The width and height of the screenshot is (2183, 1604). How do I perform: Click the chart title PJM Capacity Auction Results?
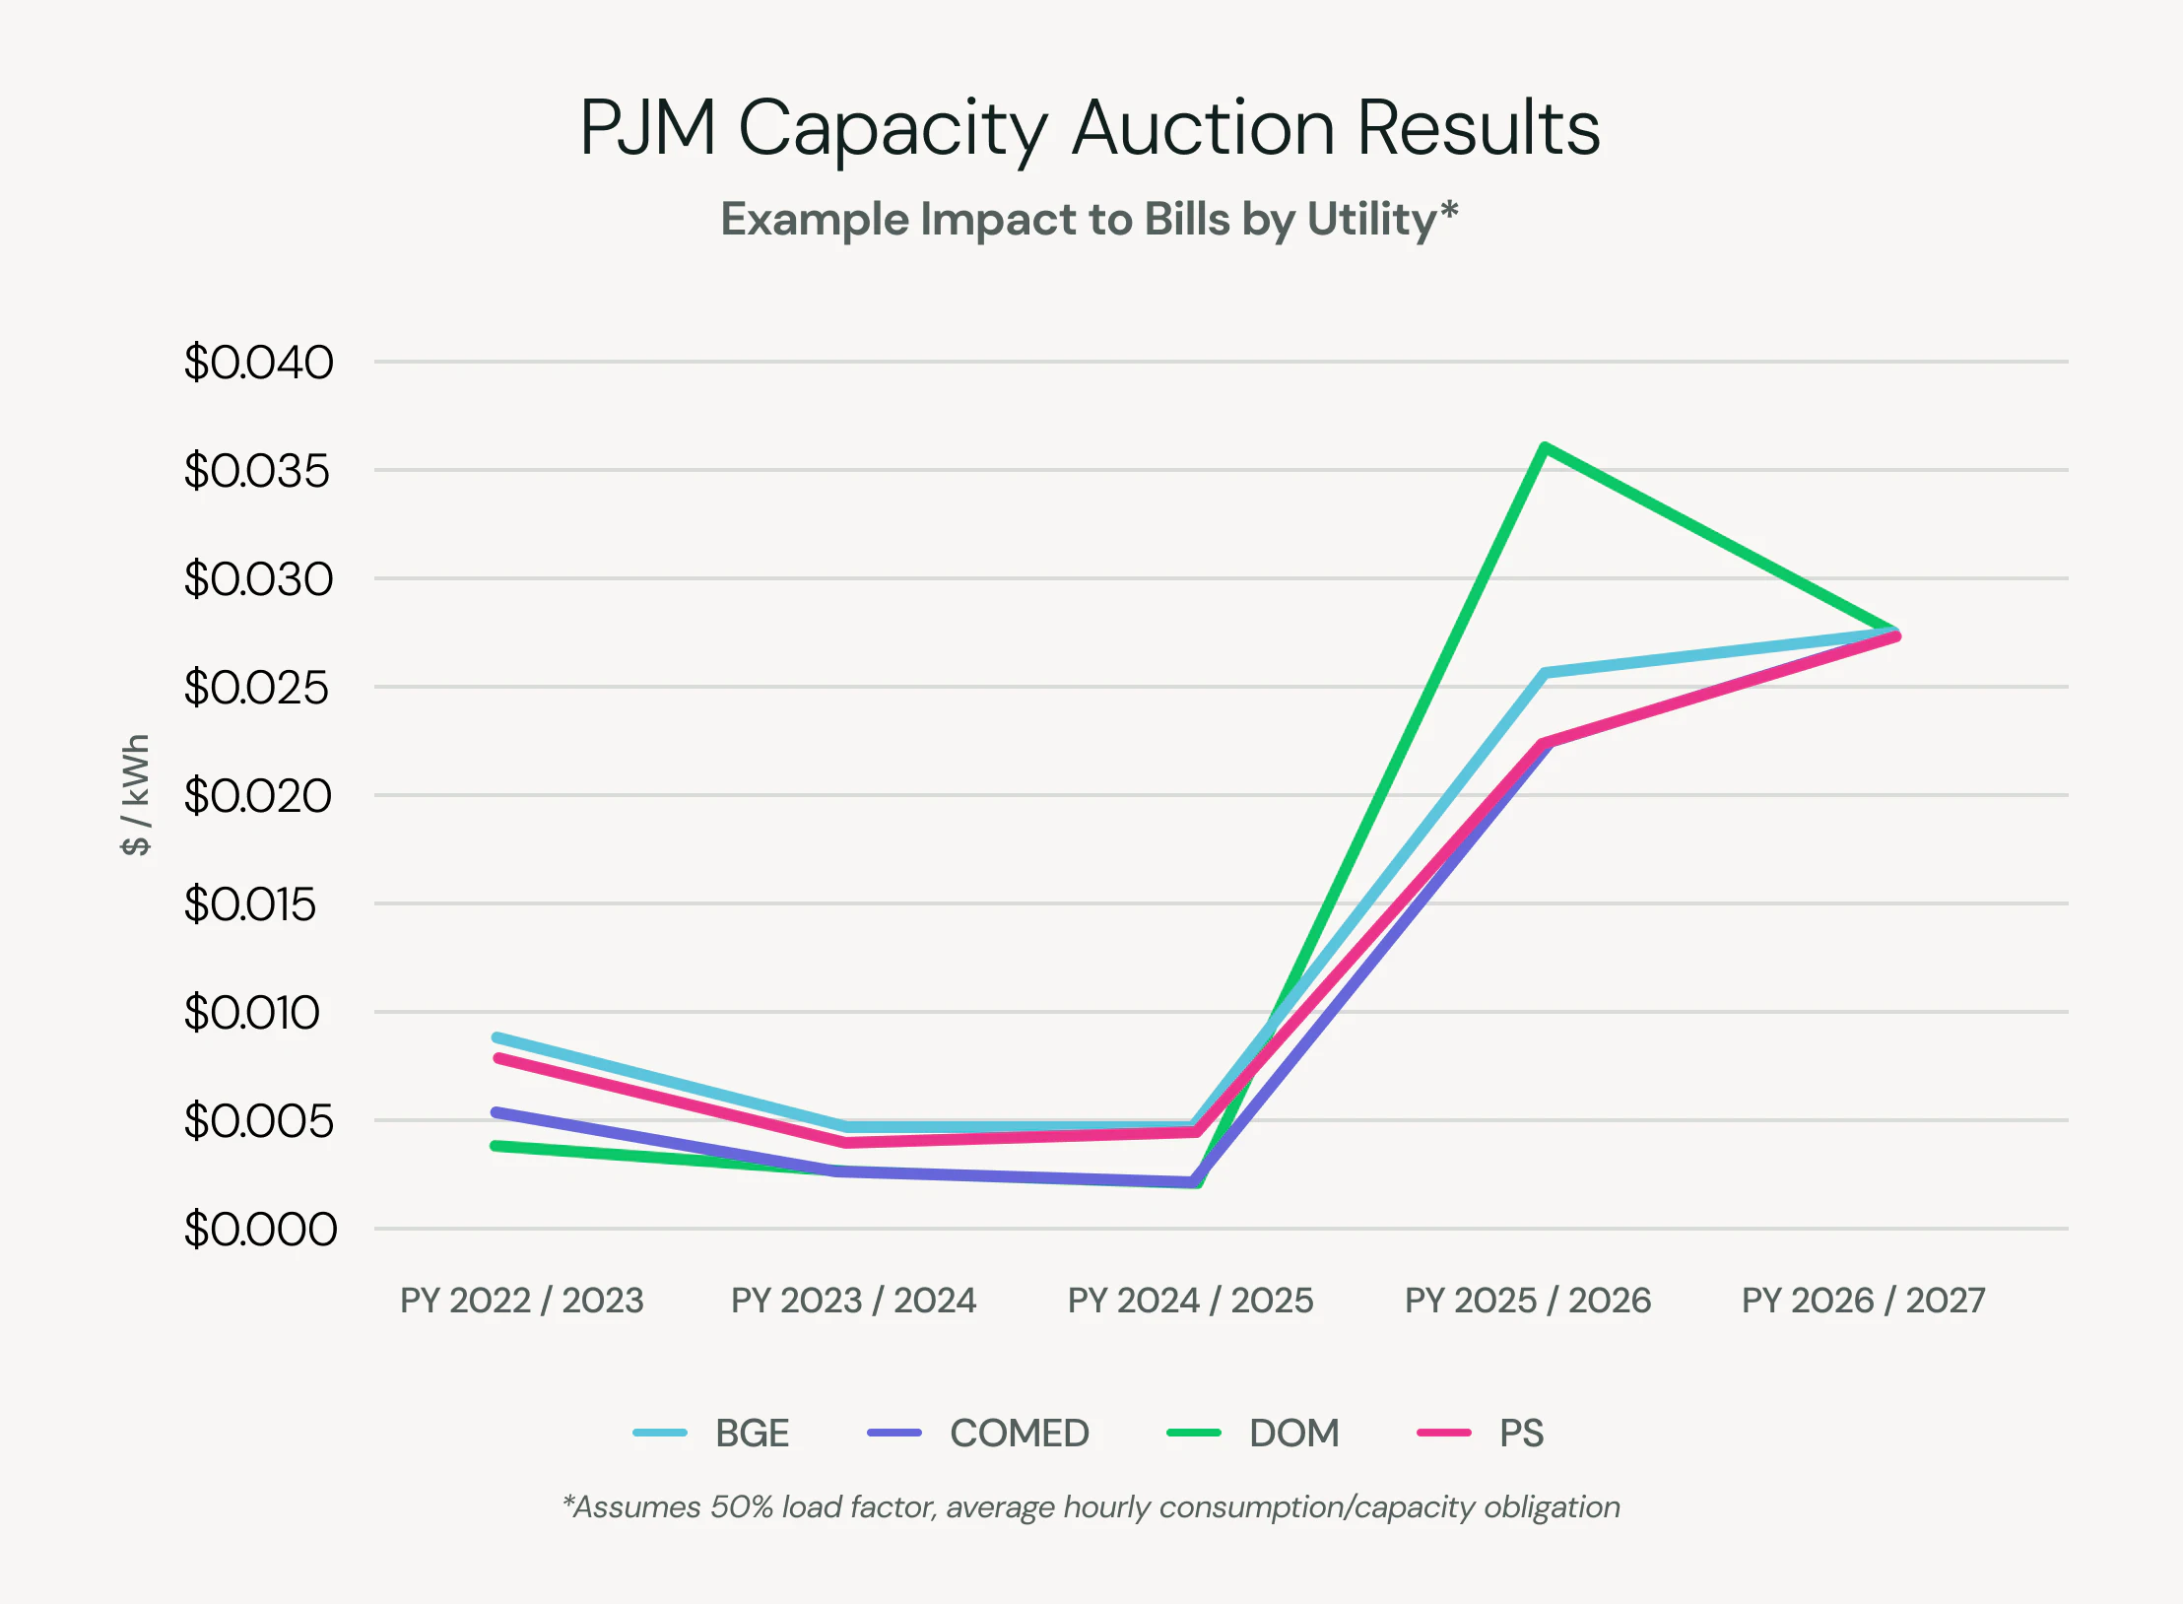[1090, 128]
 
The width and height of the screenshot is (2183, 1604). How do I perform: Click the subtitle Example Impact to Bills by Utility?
[1090, 219]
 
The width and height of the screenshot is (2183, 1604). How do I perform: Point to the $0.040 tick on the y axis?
[258, 363]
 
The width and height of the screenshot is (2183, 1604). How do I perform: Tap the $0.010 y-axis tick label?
[252, 1013]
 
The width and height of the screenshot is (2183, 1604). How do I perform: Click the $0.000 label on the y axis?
[260, 1230]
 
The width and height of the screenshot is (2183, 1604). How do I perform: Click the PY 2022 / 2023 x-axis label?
[521, 1301]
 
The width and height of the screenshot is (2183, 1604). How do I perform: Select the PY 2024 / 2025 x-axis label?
[1190, 1301]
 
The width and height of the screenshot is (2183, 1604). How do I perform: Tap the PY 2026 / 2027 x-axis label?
[1863, 1301]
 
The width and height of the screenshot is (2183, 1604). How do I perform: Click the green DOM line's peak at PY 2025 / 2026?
[1545, 448]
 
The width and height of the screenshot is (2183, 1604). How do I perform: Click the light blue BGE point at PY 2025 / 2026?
[1545, 673]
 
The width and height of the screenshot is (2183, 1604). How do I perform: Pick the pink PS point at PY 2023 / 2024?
[847, 1142]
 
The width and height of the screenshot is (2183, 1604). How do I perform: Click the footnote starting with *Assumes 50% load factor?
[1090, 1506]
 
